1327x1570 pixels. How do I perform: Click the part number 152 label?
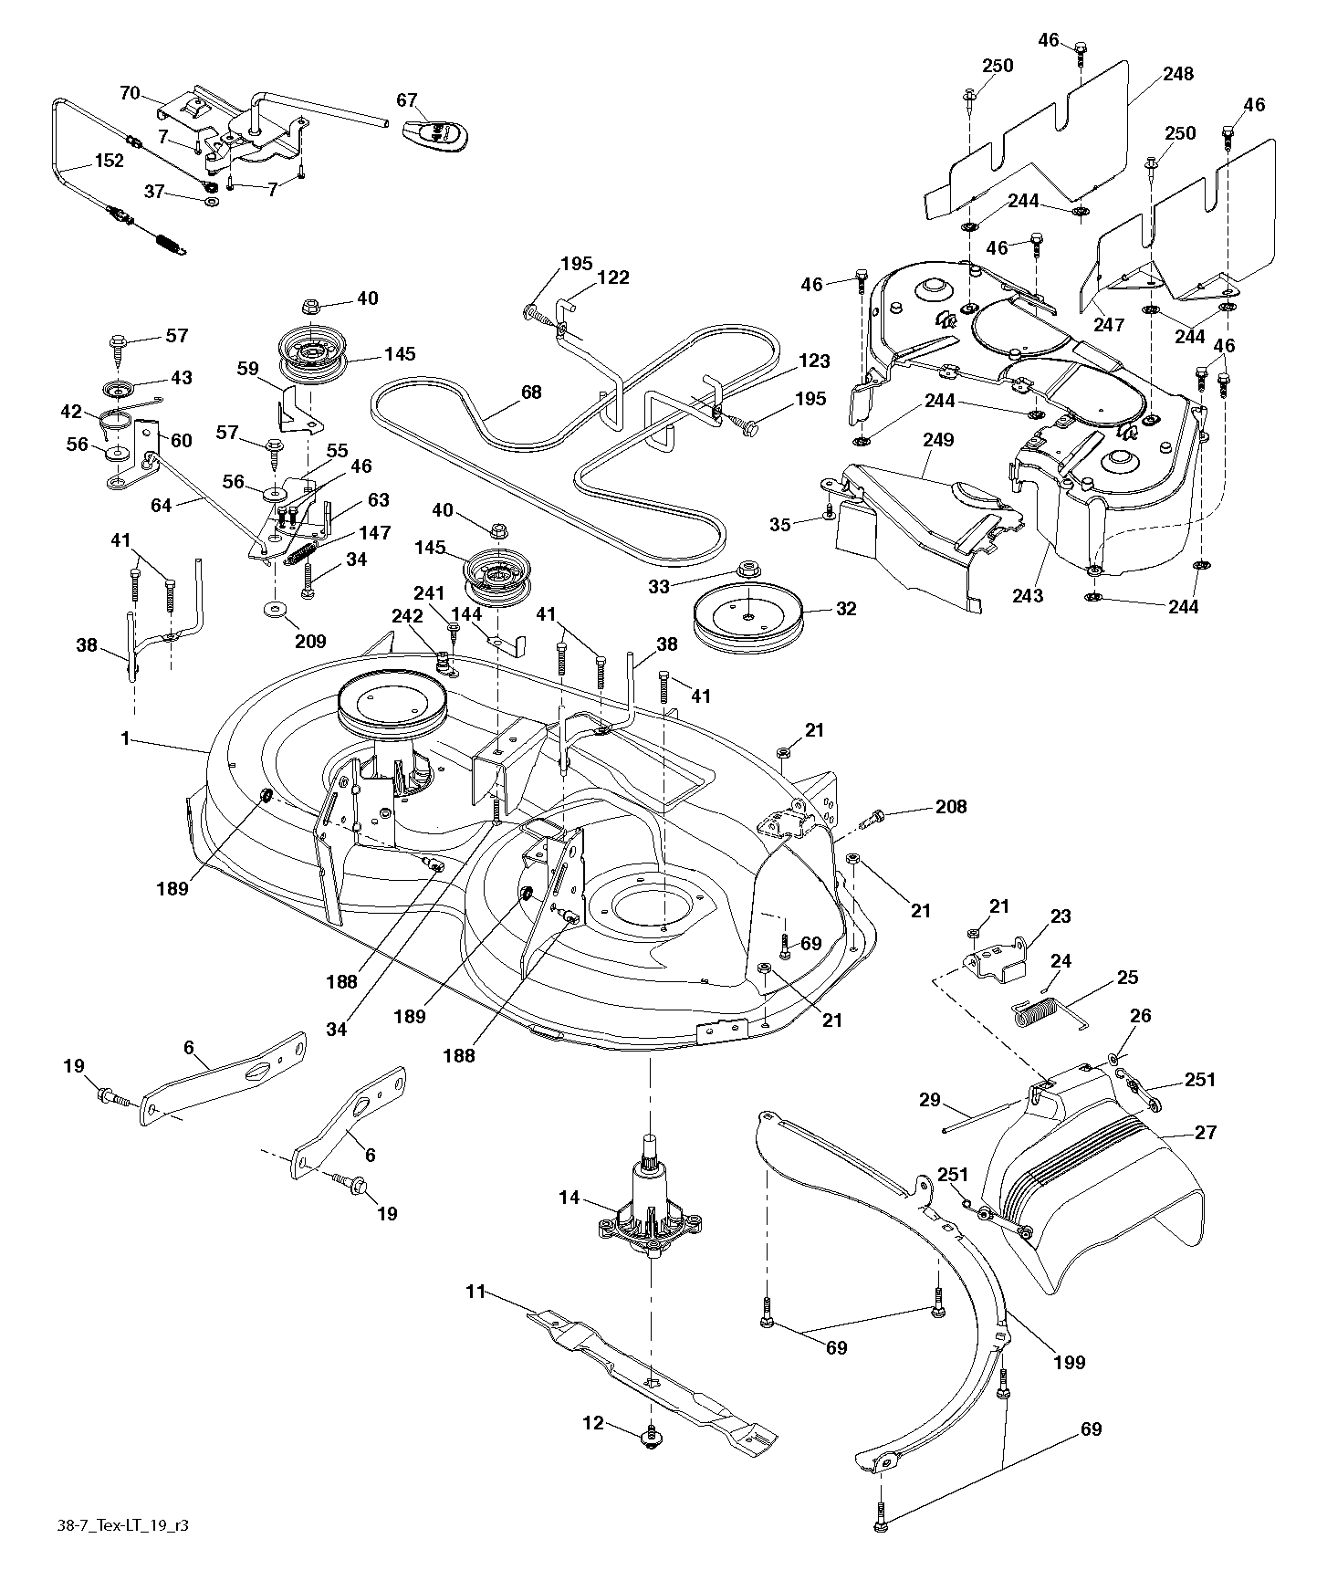pyautogui.click(x=108, y=161)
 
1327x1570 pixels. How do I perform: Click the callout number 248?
pyautogui.click(x=1178, y=74)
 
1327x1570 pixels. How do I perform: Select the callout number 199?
pyautogui.click(x=1069, y=1363)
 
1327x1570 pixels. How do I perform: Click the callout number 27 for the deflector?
pyautogui.click(x=1206, y=1133)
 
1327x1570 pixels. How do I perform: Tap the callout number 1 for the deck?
pyautogui.click(x=125, y=739)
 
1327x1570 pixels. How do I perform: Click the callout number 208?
pyautogui.click(x=950, y=807)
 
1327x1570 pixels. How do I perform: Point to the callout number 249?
pyautogui.click(x=937, y=440)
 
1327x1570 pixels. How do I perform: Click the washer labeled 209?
pyautogui.click(x=274, y=610)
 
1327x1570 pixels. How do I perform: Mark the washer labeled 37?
pyautogui.click(x=212, y=201)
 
